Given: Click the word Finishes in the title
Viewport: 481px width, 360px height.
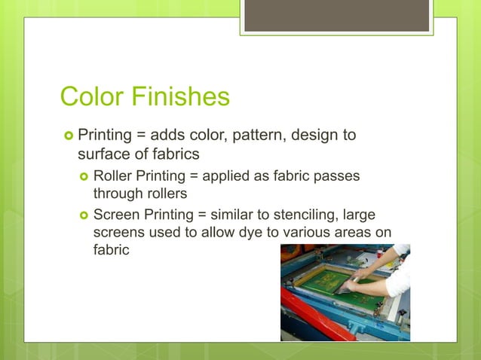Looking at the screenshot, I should pyautogui.click(x=180, y=97).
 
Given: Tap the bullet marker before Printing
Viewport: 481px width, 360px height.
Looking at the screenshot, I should pyautogui.click(x=67, y=136).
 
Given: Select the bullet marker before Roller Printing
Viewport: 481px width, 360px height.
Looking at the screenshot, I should pyautogui.click(x=83, y=175).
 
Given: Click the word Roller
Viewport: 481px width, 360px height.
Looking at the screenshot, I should pyautogui.click(x=113, y=175).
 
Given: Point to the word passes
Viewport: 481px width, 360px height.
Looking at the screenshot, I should pyautogui.click(x=335, y=175).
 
